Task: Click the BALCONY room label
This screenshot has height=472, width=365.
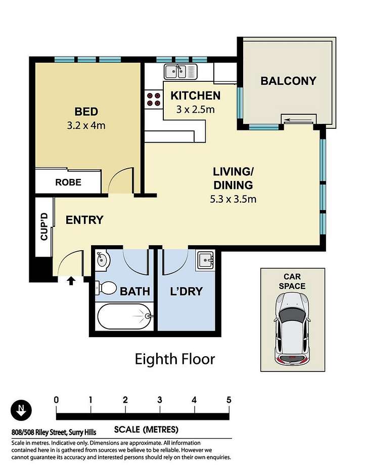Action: (288, 81)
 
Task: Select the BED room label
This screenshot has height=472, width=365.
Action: (86, 112)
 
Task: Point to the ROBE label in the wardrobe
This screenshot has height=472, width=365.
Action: (68, 182)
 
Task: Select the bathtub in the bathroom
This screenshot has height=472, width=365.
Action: (124, 316)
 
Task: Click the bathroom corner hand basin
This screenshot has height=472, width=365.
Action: (103, 260)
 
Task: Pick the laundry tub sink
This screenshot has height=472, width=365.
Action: (206, 260)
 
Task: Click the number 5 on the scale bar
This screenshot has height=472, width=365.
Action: (229, 400)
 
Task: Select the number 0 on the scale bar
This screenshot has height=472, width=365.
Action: (56, 400)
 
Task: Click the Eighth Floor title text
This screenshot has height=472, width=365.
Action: (174, 359)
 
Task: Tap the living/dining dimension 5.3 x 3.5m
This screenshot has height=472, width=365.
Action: (233, 199)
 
